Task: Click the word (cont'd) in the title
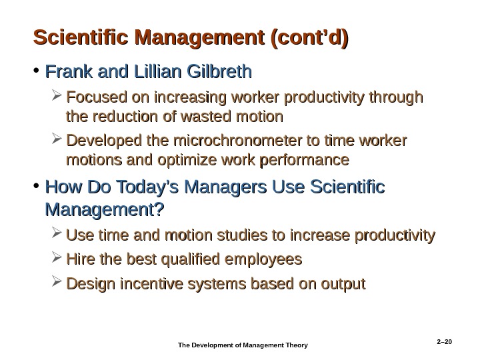[308, 35]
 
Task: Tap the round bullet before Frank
[36, 71]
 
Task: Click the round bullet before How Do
[36, 191]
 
